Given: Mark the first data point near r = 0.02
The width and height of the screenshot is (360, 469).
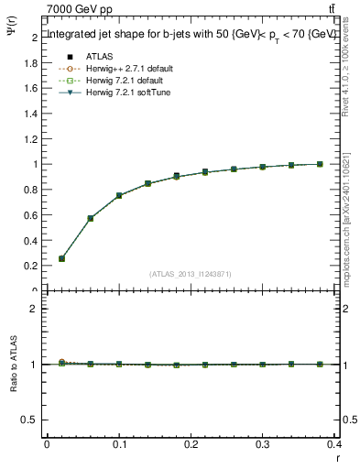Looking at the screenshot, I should [61, 258].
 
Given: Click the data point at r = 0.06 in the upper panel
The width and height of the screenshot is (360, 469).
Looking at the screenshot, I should [90, 218].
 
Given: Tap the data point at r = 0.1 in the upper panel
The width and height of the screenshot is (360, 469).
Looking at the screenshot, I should [119, 195].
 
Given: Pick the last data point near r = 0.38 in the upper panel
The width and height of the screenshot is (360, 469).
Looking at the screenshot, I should [320, 164].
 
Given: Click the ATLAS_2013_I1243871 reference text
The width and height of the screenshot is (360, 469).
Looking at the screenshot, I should [191, 274].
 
